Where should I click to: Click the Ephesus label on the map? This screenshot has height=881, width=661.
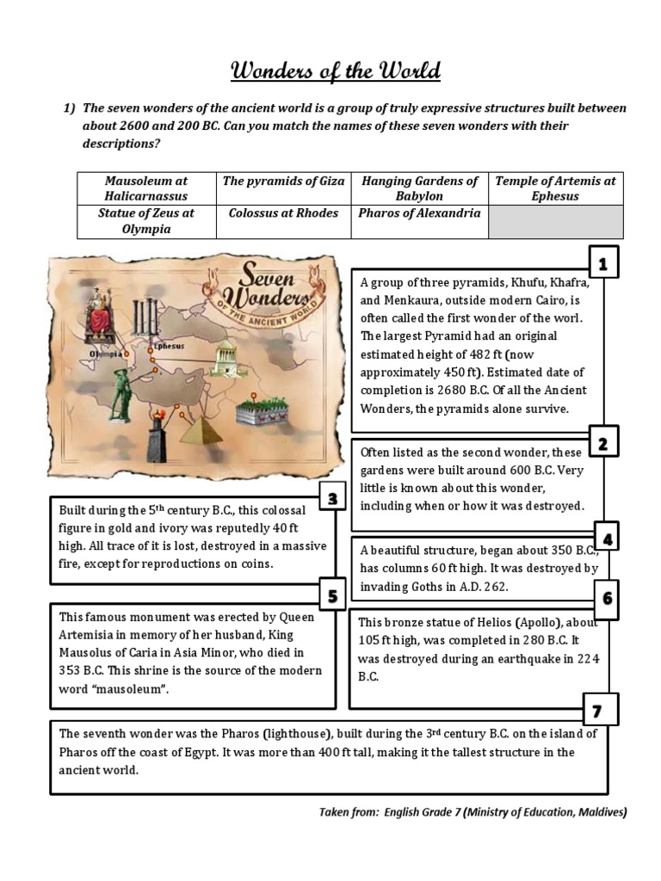(167, 347)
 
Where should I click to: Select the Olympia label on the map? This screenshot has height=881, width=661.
(102, 354)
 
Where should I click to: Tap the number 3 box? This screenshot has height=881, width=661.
(331, 498)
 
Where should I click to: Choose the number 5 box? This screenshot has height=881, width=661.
(331, 595)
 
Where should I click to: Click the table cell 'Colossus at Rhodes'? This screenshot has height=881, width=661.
(283, 213)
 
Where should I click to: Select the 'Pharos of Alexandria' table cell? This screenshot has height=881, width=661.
(419, 213)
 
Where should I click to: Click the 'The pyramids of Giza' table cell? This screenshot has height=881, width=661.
(283, 182)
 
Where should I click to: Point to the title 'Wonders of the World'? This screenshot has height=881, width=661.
(336, 71)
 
